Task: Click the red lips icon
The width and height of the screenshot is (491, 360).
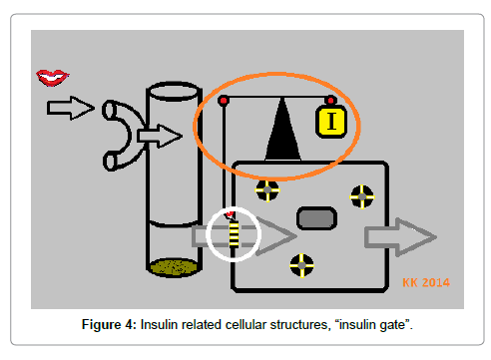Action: click(53, 78)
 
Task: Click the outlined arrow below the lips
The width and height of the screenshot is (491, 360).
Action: click(71, 108)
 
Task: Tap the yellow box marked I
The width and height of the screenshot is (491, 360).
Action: click(331, 121)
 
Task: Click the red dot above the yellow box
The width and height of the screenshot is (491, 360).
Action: click(330, 101)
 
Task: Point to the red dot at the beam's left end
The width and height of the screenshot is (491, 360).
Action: click(224, 101)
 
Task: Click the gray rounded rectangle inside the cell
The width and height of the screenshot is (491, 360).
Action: click(316, 218)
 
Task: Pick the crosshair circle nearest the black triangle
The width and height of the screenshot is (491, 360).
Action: click(267, 190)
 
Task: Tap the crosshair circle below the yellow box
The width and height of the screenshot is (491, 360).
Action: click(362, 196)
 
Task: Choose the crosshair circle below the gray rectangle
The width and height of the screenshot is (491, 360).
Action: click(301, 265)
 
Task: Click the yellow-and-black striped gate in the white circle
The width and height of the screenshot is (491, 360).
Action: click(234, 235)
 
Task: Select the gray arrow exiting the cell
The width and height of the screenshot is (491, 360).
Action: click(400, 237)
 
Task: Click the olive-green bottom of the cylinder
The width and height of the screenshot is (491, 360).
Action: click(174, 267)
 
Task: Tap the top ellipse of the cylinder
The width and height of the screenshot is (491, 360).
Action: click(174, 91)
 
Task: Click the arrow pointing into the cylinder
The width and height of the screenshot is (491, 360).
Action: click(160, 136)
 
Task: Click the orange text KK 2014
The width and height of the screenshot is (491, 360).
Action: click(426, 282)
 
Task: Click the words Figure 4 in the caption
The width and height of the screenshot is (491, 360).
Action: click(109, 324)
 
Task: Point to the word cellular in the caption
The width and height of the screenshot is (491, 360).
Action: click(245, 324)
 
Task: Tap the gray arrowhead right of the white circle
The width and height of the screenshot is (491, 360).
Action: click(276, 236)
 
